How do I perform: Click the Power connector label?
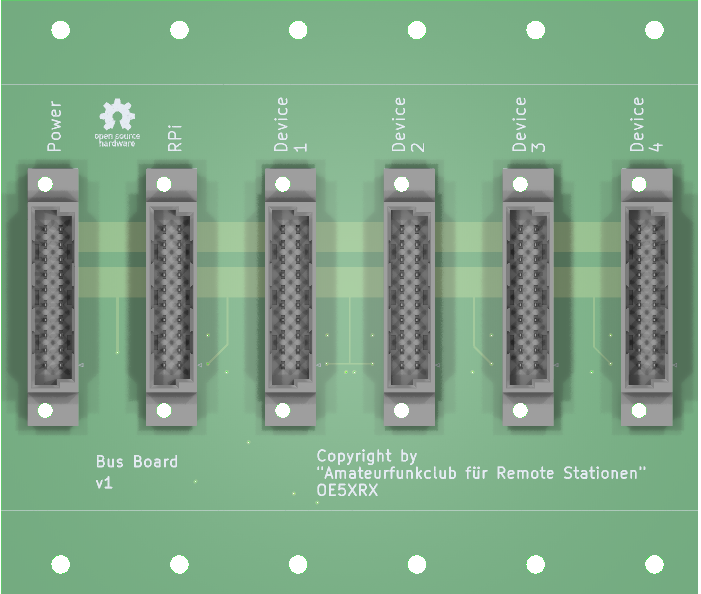(54, 126)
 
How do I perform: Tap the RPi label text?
(174, 137)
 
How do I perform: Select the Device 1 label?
(290, 124)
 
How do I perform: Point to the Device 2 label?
(408, 124)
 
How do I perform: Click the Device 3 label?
(528, 124)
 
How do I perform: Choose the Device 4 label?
(646, 124)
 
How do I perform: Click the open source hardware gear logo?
(117, 115)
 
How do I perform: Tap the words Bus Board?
(137, 462)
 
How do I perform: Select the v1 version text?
(104, 483)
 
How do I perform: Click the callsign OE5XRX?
(347, 490)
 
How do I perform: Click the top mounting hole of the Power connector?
(45, 184)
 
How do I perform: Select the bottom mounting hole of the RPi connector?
(164, 410)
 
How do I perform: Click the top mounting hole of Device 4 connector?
(639, 184)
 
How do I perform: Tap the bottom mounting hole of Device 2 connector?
(401, 410)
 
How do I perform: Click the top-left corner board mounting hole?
(61, 30)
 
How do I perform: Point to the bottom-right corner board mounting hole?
(655, 565)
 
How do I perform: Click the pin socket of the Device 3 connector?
(528, 297)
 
